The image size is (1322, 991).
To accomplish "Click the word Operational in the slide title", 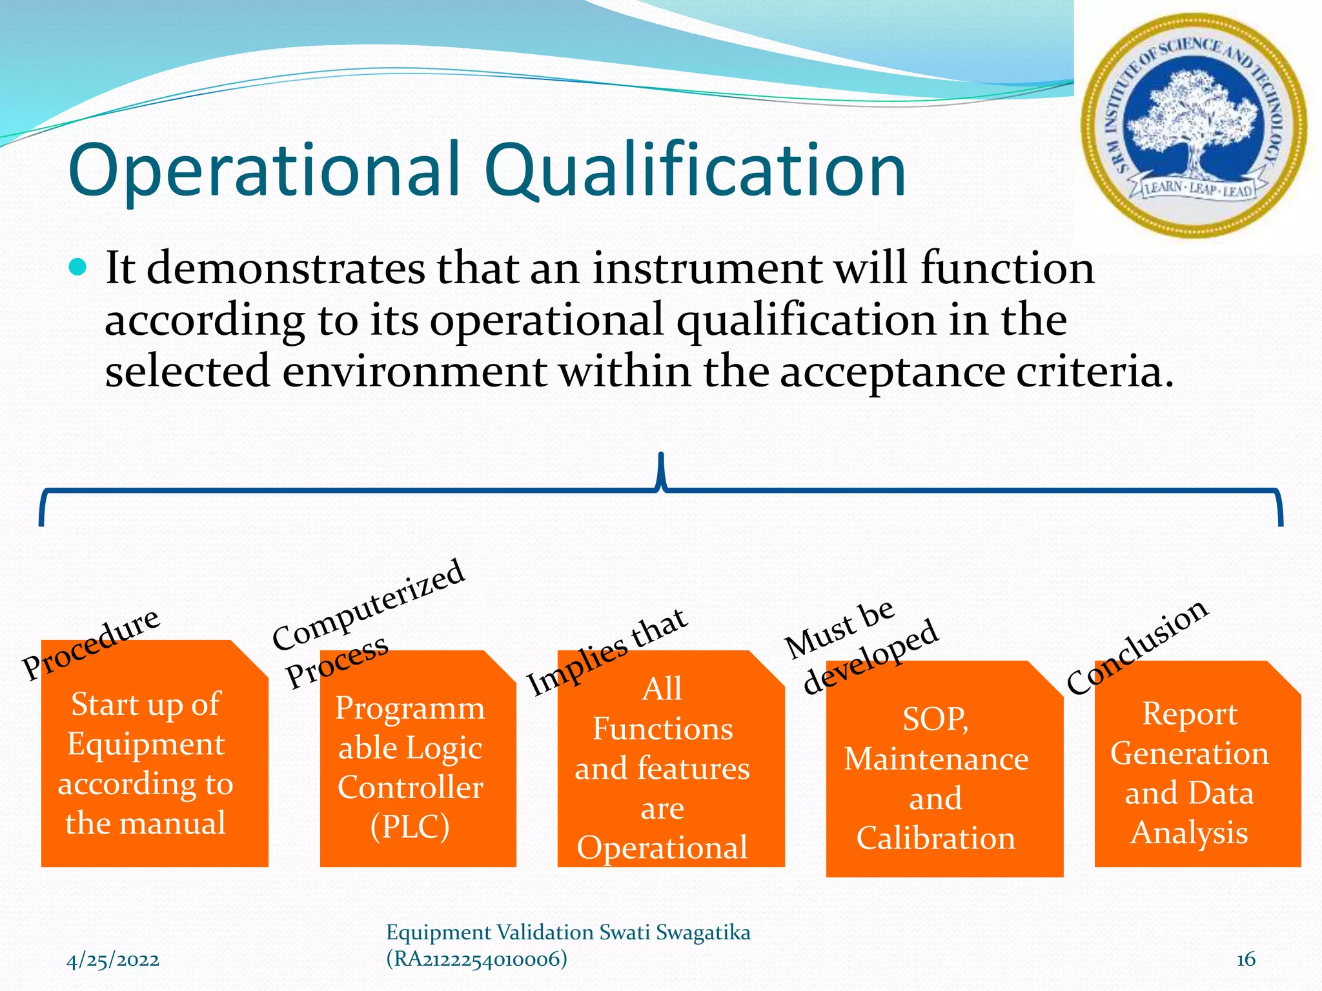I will click(263, 171).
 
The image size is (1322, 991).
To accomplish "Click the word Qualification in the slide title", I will click(695, 171).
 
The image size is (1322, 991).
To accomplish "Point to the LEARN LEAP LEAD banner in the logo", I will click(1198, 189).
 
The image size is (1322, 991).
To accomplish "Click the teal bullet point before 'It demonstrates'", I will click(77, 267).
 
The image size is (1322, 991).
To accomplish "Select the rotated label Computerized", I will click(368, 605).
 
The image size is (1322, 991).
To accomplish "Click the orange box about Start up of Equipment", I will click(154, 761).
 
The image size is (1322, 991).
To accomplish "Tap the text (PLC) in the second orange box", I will click(410, 826).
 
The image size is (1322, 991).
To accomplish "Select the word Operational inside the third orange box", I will click(662, 847).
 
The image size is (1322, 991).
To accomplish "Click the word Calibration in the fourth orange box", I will click(935, 837).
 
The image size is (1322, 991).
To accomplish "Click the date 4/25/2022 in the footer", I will click(113, 960).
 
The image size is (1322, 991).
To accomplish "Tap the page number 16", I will click(1245, 959).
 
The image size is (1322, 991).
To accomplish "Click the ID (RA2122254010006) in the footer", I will click(476, 959).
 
